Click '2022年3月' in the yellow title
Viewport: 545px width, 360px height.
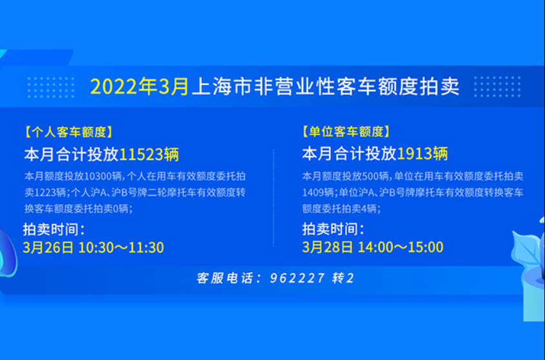140,86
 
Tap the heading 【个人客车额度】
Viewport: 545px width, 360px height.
68,132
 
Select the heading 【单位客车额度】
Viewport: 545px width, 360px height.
346,132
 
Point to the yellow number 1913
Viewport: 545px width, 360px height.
414,154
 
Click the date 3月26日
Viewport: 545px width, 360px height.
48,247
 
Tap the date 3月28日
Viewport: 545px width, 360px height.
328,247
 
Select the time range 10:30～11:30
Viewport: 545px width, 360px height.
121,247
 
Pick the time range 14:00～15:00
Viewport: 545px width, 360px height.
401,247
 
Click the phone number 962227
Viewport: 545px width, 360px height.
297,278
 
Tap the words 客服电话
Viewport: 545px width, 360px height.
224,278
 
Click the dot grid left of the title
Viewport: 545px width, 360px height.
51,87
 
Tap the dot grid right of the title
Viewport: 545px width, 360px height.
497,86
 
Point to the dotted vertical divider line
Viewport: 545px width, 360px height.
273,198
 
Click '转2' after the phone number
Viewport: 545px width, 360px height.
342,278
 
